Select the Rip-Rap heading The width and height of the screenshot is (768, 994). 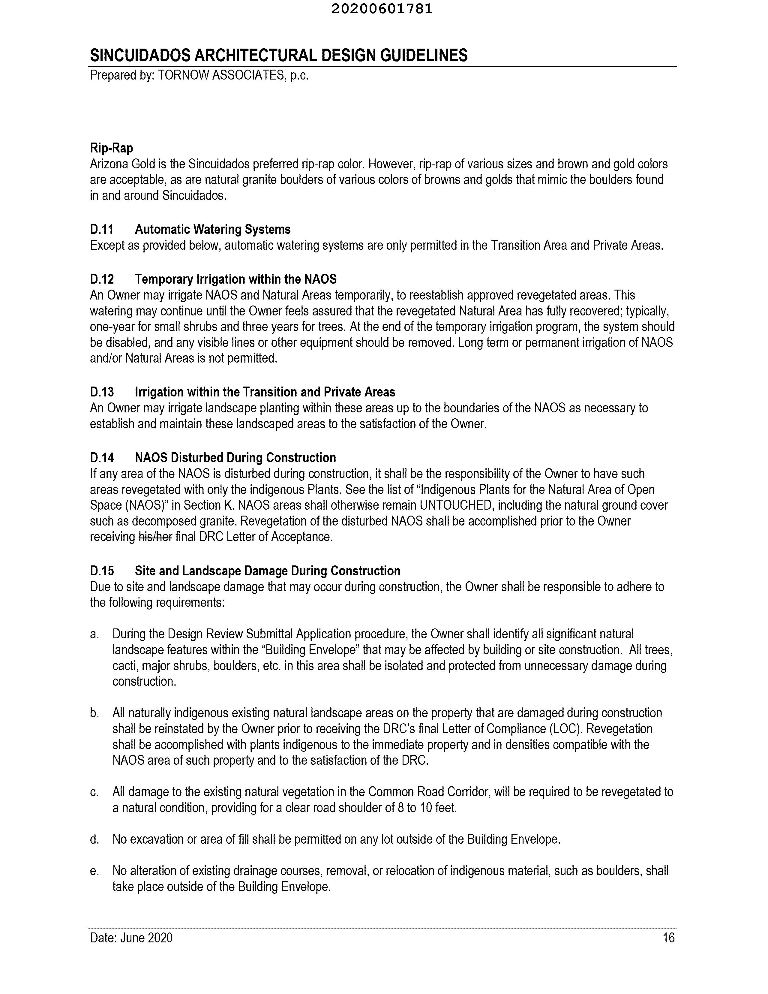coord(112,148)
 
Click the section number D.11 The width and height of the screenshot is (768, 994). coord(101,229)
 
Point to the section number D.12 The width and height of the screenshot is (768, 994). coord(101,279)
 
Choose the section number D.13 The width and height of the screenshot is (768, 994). coord(101,392)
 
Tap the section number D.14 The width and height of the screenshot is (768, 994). coord(101,457)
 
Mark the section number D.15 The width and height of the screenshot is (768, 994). coord(101,571)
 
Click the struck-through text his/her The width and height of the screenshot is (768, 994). coord(155,537)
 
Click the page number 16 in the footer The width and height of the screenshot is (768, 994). coord(668,938)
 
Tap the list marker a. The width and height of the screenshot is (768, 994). coord(94,634)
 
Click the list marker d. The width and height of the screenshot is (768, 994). coord(94,839)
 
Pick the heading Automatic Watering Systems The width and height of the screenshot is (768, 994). coord(212,229)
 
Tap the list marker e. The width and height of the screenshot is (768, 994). coord(94,871)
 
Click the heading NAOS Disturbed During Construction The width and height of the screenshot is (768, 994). coord(235,457)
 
